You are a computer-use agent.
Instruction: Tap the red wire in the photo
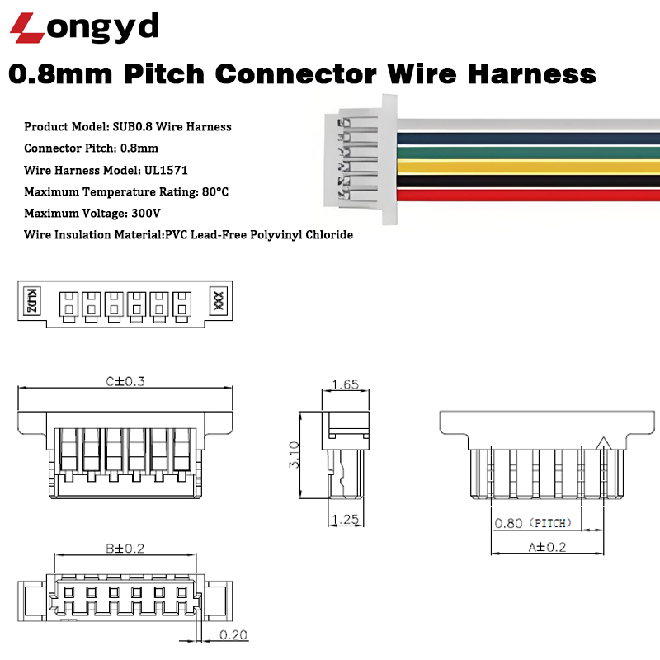click(x=528, y=195)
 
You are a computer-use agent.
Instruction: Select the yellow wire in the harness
click(x=528, y=166)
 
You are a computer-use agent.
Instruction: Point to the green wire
click(x=528, y=152)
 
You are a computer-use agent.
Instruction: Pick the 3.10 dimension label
click(x=294, y=455)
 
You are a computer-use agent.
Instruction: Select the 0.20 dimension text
click(x=233, y=635)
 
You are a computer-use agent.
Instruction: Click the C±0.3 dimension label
click(x=125, y=381)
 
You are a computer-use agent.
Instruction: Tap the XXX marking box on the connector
click(x=219, y=300)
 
